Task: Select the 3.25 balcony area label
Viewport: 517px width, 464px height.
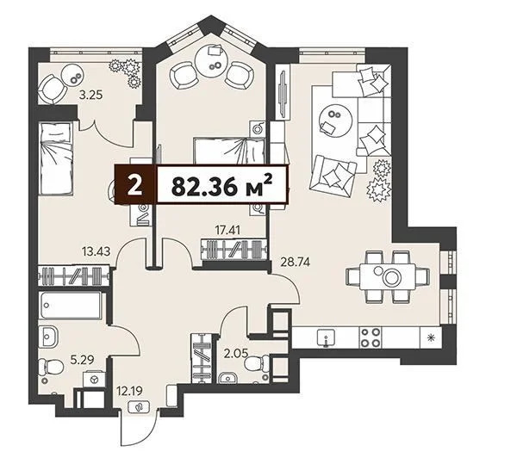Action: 91,96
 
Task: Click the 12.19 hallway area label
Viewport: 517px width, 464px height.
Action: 128,393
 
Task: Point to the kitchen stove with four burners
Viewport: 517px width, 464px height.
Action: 371,336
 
